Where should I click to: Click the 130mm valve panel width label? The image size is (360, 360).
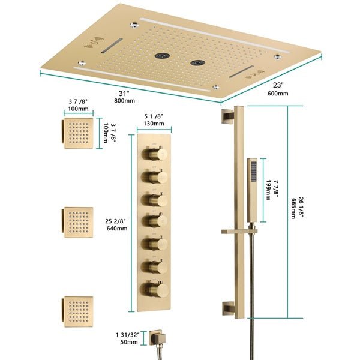154,124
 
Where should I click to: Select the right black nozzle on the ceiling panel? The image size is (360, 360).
196,62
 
